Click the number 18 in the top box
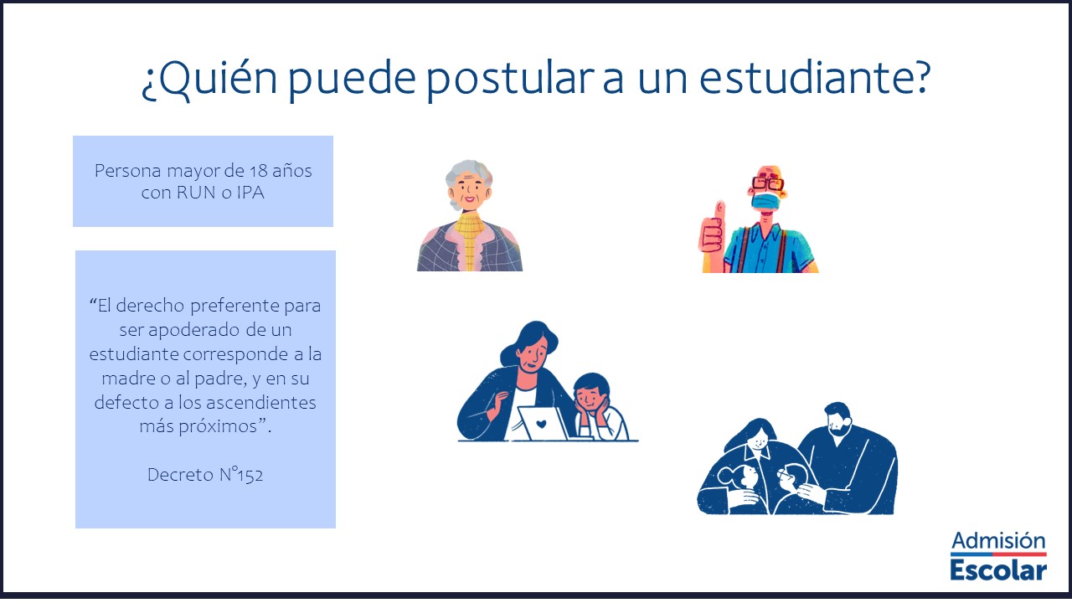pos(259,171)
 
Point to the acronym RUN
pos(196,193)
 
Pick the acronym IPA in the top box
pos(250,193)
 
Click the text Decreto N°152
pos(205,475)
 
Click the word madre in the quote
pos(129,379)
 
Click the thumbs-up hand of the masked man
pos(712,232)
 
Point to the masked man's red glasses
pos(768,183)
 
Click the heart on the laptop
pos(541,424)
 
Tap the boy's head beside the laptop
pos(592,394)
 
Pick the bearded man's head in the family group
pos(837,419)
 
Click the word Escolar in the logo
pos(998,570)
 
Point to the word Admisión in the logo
pos(998,541)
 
